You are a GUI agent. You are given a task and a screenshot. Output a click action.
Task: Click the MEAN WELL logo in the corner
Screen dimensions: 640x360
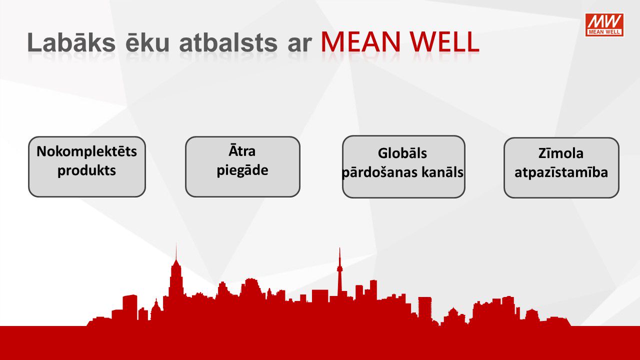604,25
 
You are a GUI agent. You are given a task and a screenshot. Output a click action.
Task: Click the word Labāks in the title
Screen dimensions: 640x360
71,42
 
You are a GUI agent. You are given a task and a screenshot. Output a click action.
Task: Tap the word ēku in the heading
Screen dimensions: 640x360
147,42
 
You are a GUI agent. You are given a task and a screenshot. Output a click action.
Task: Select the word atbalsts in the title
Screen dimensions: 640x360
228,42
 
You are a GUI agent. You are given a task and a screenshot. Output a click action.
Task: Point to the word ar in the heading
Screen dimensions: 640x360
299,45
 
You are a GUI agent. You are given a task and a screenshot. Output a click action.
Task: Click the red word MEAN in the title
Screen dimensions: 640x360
360,42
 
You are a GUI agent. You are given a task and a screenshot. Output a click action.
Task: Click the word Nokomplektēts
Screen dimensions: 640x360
87,151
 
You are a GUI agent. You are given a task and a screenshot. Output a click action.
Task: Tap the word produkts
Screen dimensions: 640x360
87,171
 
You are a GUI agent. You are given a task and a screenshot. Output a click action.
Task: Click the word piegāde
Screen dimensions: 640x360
242,170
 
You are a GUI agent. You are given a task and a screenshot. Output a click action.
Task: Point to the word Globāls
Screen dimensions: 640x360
402,153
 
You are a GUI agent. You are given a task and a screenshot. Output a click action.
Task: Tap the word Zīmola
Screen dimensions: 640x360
561,153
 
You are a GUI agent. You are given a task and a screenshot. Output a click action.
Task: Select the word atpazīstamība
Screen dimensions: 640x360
561,172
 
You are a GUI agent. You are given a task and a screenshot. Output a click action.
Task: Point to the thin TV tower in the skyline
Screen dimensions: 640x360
339,271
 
